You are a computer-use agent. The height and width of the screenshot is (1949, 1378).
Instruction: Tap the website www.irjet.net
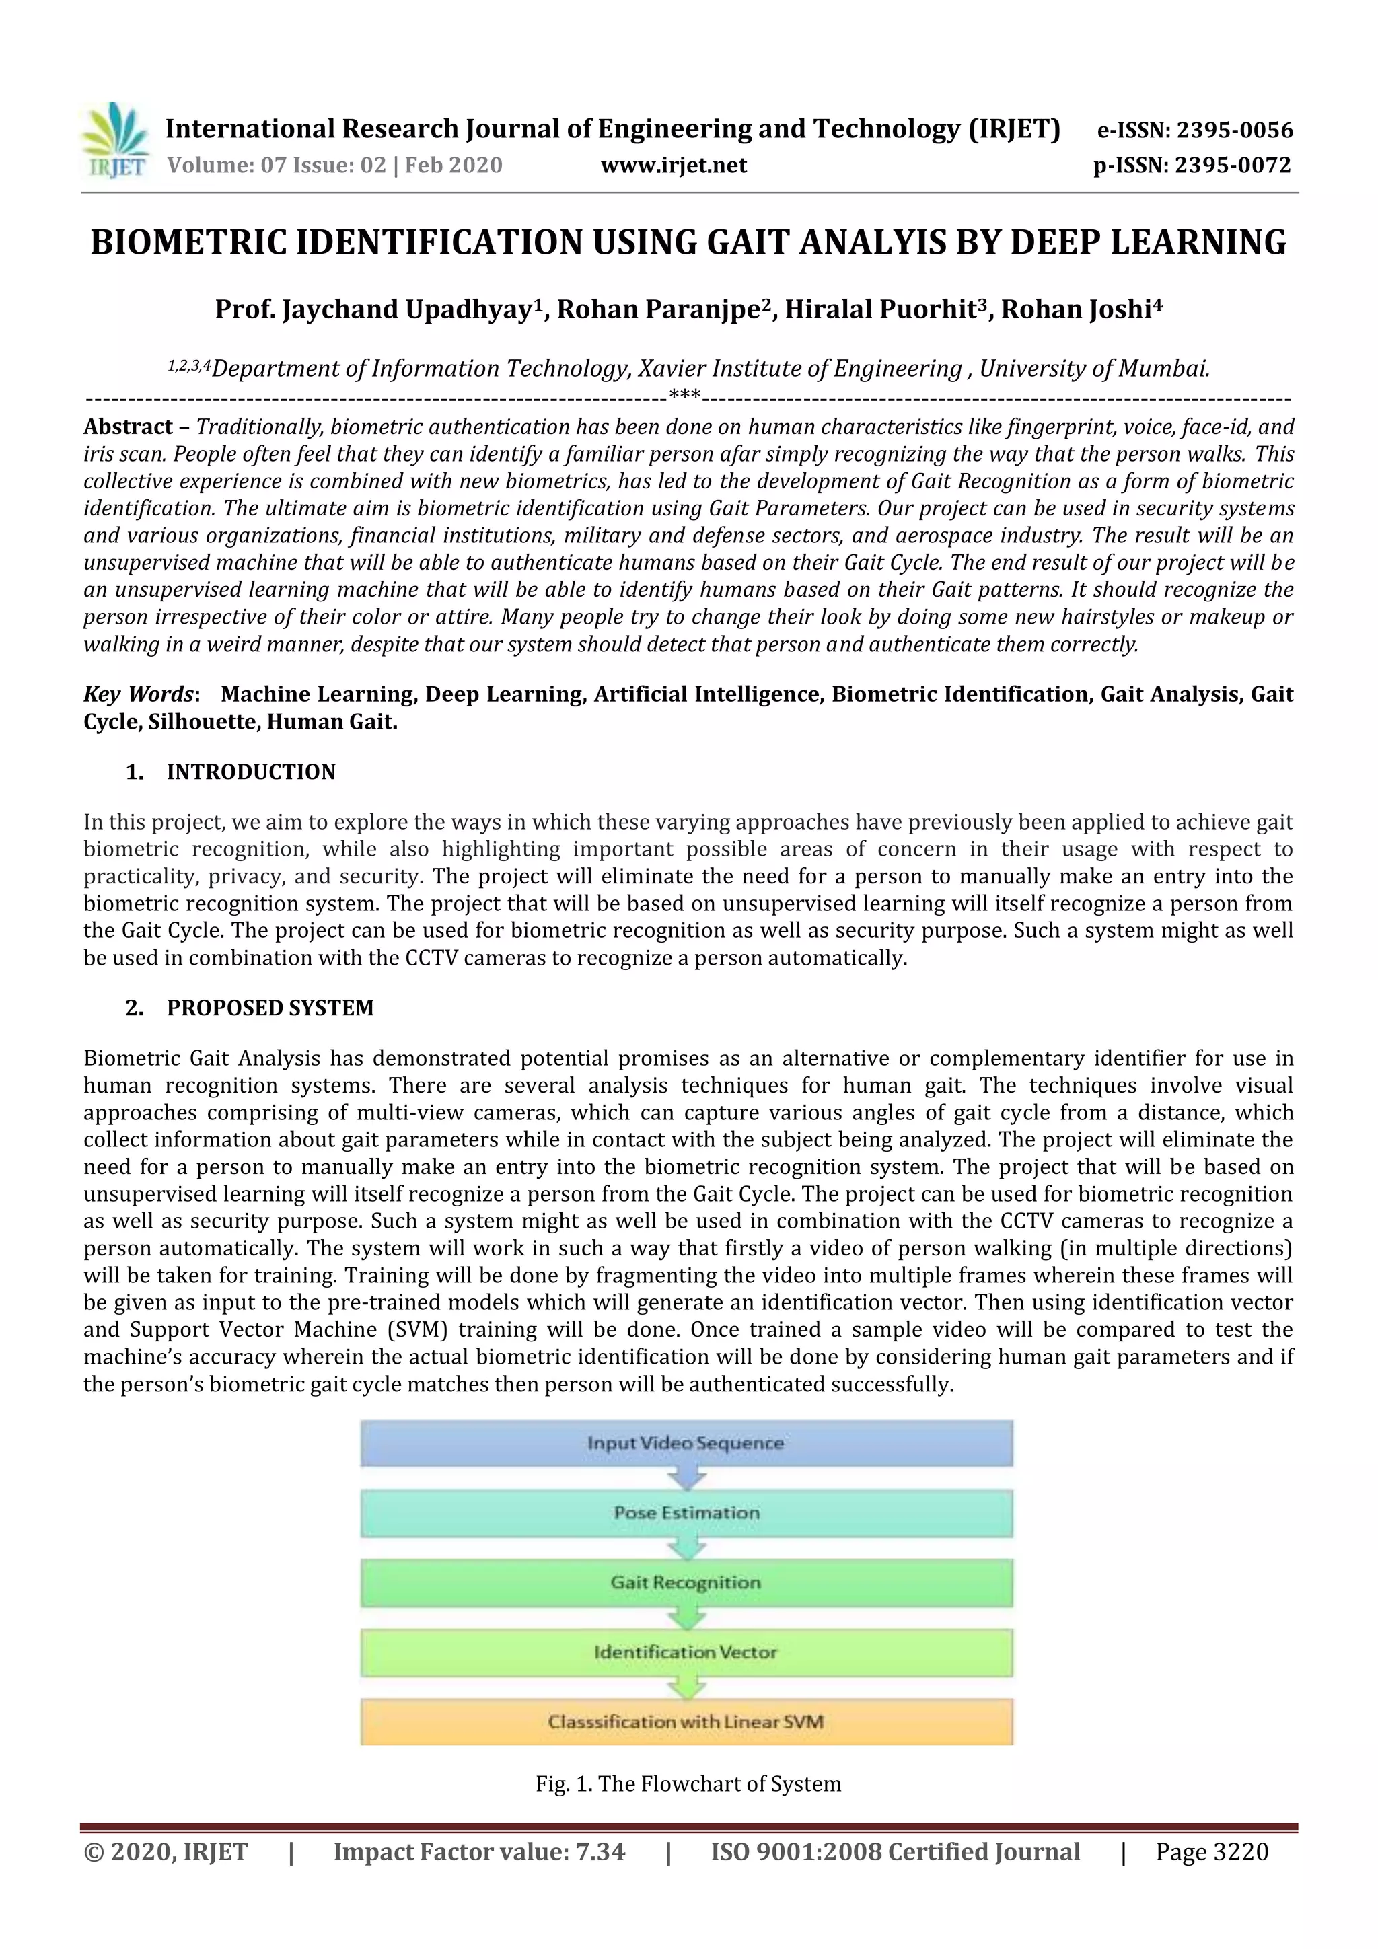point(674,165)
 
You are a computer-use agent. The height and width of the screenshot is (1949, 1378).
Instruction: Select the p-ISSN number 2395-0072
point(1233,165)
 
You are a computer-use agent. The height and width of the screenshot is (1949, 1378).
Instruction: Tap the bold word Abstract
point(127,427)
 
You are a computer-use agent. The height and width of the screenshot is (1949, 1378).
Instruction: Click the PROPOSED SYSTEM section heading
point(270,1008)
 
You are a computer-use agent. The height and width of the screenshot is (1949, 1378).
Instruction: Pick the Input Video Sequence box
point(686,1443)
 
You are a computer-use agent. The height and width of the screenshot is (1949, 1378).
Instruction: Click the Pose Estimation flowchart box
point(686,1512)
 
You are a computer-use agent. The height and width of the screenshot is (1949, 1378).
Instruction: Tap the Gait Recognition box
point(686,1582)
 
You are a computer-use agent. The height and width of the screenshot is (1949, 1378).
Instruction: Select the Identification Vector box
point(686,1652)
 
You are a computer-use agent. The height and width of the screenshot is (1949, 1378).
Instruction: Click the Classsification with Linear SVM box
point(686,1722)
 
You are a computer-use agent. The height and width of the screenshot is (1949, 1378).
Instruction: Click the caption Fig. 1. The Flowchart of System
point(688,1783)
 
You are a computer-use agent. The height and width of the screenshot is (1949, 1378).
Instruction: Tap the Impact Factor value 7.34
point(600,1851)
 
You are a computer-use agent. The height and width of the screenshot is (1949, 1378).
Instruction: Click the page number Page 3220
point(1212,1851)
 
